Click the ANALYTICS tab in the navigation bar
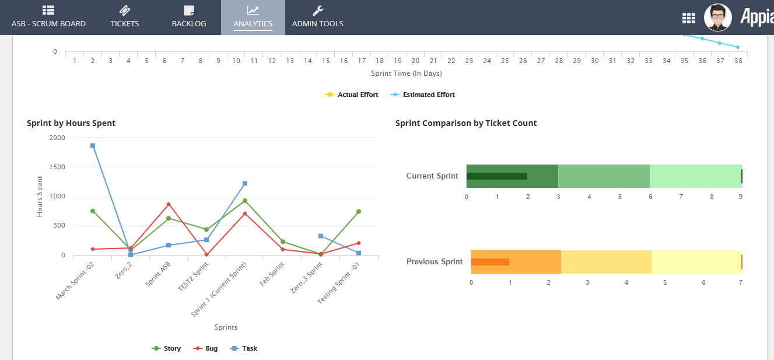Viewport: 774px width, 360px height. pos(253,18)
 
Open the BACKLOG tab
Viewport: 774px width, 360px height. pos(188,18)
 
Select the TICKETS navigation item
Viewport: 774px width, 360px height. pos(125,18)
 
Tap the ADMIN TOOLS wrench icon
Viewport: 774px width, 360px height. pos(317,11)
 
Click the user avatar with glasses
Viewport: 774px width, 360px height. pos(717,18)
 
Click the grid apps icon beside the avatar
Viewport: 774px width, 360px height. pos(689,18)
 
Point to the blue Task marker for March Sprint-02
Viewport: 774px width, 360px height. pos(93,146)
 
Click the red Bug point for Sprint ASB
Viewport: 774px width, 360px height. pos(169,204)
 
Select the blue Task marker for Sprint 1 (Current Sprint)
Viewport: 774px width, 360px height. pos(245,183)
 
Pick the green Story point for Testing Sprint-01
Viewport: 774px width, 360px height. pos(359,211)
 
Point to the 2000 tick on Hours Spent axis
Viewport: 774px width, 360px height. pos(58,138)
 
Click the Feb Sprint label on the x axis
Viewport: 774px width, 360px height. pos(272,274)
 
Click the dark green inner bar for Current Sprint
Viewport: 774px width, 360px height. pos(496,176)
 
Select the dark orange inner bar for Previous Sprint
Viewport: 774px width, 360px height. pos(490,262)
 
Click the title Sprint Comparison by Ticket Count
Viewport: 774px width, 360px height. pos(466,123)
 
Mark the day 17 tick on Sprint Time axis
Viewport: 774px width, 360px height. pos(362,61)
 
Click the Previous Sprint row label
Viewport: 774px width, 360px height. pos(435,262)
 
